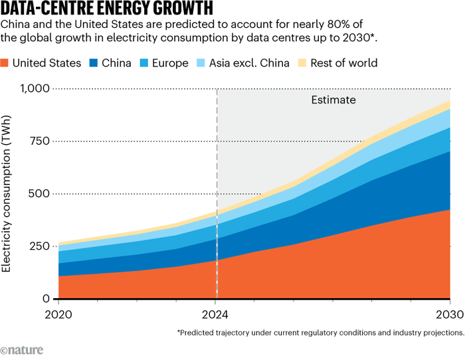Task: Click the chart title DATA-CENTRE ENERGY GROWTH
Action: tap(107, 9)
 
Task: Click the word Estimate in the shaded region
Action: tap(333, 100)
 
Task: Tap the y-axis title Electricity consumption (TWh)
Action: tap(8, 193)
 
